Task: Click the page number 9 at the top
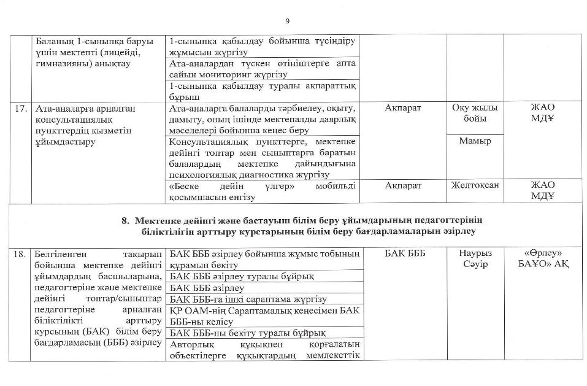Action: (x=288, y=21)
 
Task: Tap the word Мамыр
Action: (x=475, y=141)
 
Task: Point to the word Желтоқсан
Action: (x=475, y=185)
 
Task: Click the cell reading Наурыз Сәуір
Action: (x=475, y=258)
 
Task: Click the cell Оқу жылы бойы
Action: (x=475, y=113)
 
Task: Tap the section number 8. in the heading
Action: (x=125, y=220)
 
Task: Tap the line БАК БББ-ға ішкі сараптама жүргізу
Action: (x=247, y=299)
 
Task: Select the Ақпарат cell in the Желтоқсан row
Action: (x=404, y=185)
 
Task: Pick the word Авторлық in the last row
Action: (x=188, y=345)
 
